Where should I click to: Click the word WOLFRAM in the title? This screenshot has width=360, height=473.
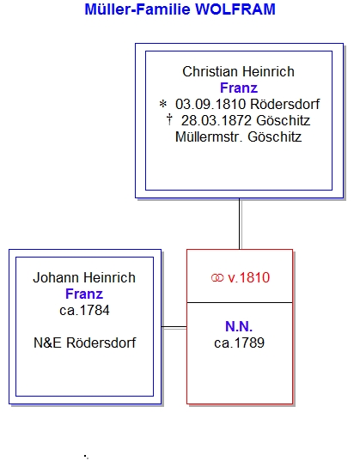235,9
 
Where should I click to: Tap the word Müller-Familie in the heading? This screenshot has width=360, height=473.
137,9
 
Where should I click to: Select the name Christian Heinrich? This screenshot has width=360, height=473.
238,72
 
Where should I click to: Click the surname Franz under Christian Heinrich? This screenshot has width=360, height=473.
239,88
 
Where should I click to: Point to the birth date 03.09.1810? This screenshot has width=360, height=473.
211,105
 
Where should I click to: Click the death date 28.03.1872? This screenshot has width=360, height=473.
217,121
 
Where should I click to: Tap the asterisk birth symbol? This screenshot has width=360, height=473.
162,105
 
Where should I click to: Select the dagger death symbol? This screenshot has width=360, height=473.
169,119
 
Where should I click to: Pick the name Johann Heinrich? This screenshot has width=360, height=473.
84,278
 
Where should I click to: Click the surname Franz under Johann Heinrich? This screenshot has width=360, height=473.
84,294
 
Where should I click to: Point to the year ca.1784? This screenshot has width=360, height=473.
84,311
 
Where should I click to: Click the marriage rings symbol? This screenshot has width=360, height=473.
217,278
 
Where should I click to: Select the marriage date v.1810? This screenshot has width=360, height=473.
249,278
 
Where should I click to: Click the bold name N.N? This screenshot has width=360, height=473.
239,327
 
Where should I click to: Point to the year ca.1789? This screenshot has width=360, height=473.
239,343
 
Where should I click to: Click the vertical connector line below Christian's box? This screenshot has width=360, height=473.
240,223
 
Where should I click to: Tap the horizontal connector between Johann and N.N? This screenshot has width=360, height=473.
174,327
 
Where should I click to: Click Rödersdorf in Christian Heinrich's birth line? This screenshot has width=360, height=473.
284,105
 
